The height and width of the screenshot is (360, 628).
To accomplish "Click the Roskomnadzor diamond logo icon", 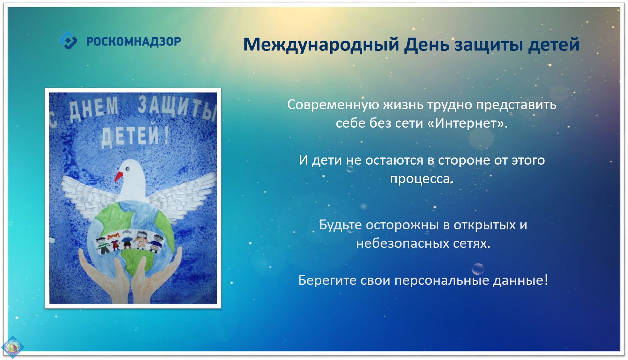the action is pos(68,41).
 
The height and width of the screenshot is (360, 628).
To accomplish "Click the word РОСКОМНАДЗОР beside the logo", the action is pos(134,42).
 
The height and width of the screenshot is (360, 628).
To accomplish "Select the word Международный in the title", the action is pos(321,45).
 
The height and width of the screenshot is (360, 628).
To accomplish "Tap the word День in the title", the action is pos(427,44).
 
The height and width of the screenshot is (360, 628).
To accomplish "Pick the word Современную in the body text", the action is pos(333,105).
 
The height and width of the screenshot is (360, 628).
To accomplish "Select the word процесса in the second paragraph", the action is pos(420,179).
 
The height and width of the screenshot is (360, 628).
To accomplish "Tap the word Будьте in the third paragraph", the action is pos(340,225).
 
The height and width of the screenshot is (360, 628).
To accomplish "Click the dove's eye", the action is pos(127,169).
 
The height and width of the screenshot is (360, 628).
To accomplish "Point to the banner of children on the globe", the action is pos(130,241).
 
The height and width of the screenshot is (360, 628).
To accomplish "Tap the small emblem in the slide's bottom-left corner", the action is pos(12,347).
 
